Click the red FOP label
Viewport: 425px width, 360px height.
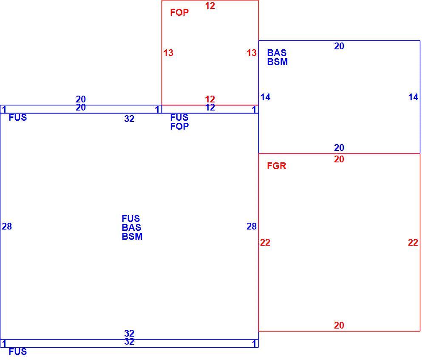click(x=179, y=12)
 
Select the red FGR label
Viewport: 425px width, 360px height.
click(x=277, y=166)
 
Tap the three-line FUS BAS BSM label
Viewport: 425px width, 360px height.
click(x=132, y=227)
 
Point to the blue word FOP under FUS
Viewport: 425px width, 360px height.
click(x=179, y=126)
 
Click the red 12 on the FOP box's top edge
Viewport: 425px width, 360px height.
click(x=210, y=6)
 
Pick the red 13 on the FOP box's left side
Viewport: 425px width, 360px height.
click(x=168, y=53)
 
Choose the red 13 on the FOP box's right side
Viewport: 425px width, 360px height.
click(x=252, y=53)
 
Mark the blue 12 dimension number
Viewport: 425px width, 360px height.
click(x=210, y=108)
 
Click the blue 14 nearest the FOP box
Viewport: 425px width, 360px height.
click(x=265, y=97)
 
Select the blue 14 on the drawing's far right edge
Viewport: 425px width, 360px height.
click(x=413, y=97)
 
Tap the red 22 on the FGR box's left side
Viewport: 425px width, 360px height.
click(x=265, y=242)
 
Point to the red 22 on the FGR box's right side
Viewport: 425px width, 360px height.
click(x=413, y=242)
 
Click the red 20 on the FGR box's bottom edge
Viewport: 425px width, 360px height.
click(x=339, y=325)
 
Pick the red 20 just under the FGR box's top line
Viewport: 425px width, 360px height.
click(x=339, y=159)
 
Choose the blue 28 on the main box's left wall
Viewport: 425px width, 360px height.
click(x=7, y=227)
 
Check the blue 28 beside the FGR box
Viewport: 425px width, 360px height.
click(x=252, y=227)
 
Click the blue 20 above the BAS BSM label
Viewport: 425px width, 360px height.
click(x=339, y=46)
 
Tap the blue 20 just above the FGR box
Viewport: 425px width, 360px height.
click(x=339, y=148)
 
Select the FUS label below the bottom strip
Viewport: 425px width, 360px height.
click(x=18, y=352)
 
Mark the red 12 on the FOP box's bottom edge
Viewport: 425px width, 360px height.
click(x=210, y=99)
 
